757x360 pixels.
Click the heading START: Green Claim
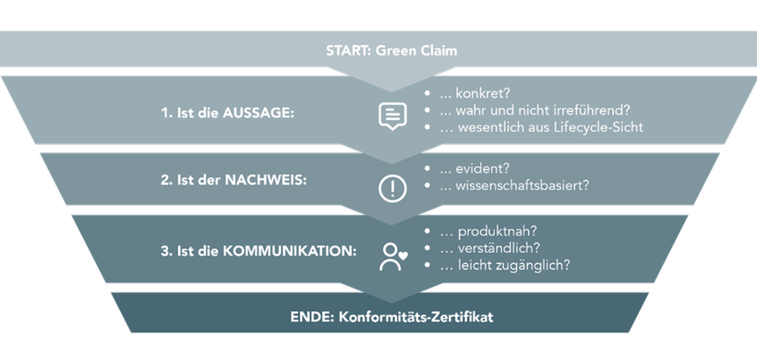point(378,50)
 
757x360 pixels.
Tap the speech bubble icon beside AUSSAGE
point(392,115)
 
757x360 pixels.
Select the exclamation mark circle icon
point(392,188)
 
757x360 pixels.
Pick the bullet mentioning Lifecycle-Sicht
point(540,127)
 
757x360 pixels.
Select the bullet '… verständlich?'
point(490,247)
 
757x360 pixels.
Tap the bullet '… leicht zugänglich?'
point(503,264)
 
